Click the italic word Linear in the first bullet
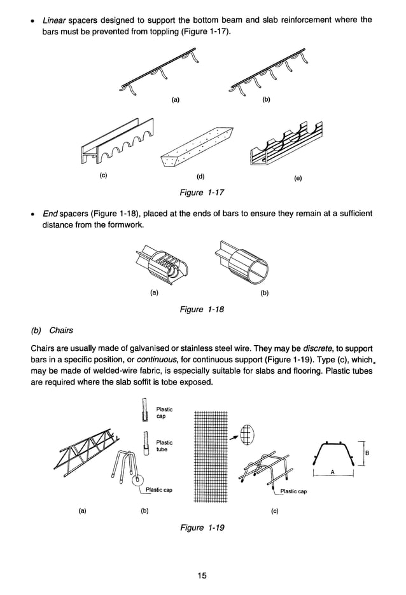(x=55, y=20)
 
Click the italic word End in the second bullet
(x=51, y=213)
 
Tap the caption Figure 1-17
(x=203, y=192)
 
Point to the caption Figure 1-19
(x=203, y=527)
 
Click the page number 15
(x=202, y=576)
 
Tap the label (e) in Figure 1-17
(x=297, y=178)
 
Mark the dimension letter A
(x=333, y=472)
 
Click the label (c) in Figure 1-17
(x=102, y=177)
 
